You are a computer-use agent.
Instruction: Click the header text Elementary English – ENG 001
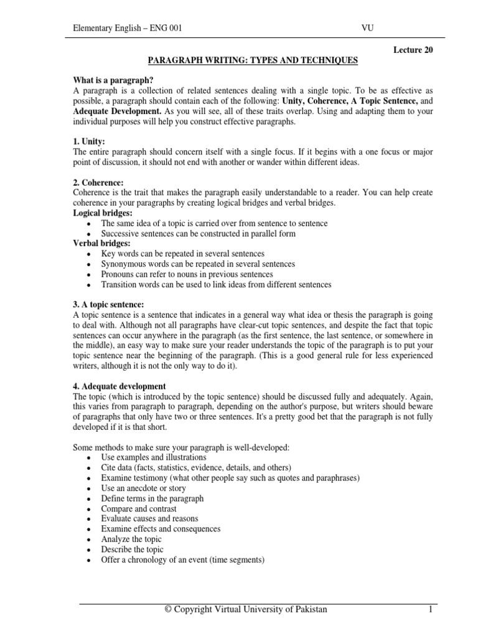128,28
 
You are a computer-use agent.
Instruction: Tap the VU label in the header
367,28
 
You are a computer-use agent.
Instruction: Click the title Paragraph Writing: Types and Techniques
252,61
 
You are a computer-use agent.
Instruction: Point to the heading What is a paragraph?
113,81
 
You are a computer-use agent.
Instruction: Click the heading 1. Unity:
90,142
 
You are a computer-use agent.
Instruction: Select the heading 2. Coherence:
99,183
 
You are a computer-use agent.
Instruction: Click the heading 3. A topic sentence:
109,305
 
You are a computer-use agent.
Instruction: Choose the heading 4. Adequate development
119,386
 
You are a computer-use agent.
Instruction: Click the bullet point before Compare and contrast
90,509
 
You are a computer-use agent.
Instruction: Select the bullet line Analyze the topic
131,539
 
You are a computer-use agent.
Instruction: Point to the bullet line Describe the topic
132,550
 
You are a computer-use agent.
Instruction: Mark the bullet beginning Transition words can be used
216,285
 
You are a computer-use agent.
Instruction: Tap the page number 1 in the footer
429,609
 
